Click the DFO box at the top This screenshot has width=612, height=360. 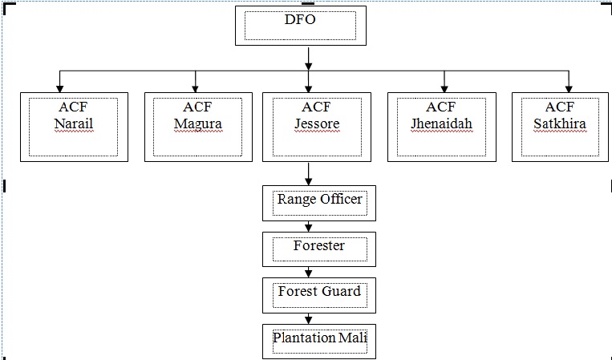tap(300, 26)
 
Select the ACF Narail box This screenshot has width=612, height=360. tap(74, 127)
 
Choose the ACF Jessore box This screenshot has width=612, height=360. tap(316, 127)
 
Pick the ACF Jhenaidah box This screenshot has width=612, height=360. tap(441, 127)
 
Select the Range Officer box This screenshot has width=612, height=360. tap(318, 203)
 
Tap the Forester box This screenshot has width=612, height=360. tap(318, 249)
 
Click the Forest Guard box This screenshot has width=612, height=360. tap(318, 294)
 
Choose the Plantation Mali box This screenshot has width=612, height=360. tap(318, 340)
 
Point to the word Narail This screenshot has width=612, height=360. tap(74, 123)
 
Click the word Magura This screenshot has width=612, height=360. tap(197, 123)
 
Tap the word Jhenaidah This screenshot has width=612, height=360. tap(441, 123)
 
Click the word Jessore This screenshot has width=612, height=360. tap(316, 123)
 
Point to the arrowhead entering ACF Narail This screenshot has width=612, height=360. tap(59, 87)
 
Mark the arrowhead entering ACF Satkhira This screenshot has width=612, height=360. tap(569, 87)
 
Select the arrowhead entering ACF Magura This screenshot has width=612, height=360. tap(196, 87)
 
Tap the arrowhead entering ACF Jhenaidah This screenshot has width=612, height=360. tap(444, 87)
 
